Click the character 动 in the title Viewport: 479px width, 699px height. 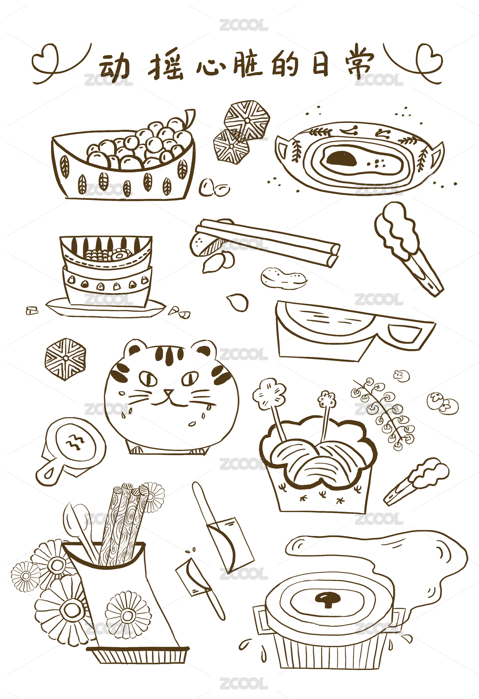(x=114, y=66)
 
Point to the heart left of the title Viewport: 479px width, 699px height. (x=46, y=58)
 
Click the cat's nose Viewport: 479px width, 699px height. (x=169, y=391)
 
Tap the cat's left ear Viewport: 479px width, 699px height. (x=135, y=350)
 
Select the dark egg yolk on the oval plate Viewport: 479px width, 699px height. (x=341, y=158)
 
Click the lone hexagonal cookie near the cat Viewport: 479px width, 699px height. (x=66, y=359)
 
